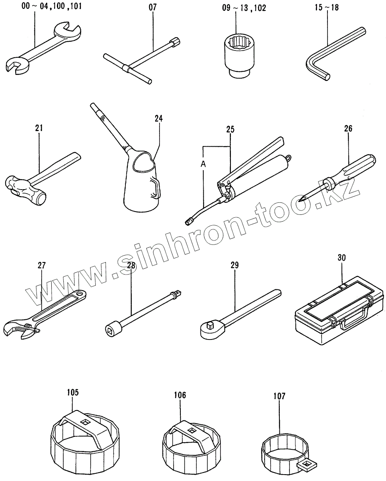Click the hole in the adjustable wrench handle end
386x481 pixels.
pos(81,295)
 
